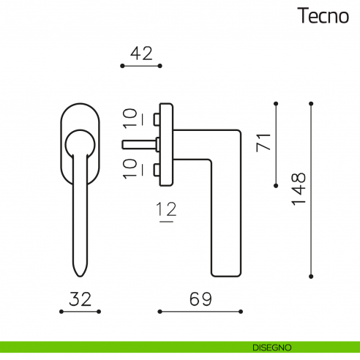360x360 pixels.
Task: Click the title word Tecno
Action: click(323, 16)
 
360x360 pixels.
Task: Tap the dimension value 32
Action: click(79, 299)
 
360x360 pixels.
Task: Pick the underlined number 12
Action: click(168, 210)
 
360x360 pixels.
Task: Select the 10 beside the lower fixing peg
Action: click(130, 168)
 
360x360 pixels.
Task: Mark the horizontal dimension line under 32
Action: click(79, 312)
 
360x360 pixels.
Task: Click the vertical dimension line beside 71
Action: click(277, 143)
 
